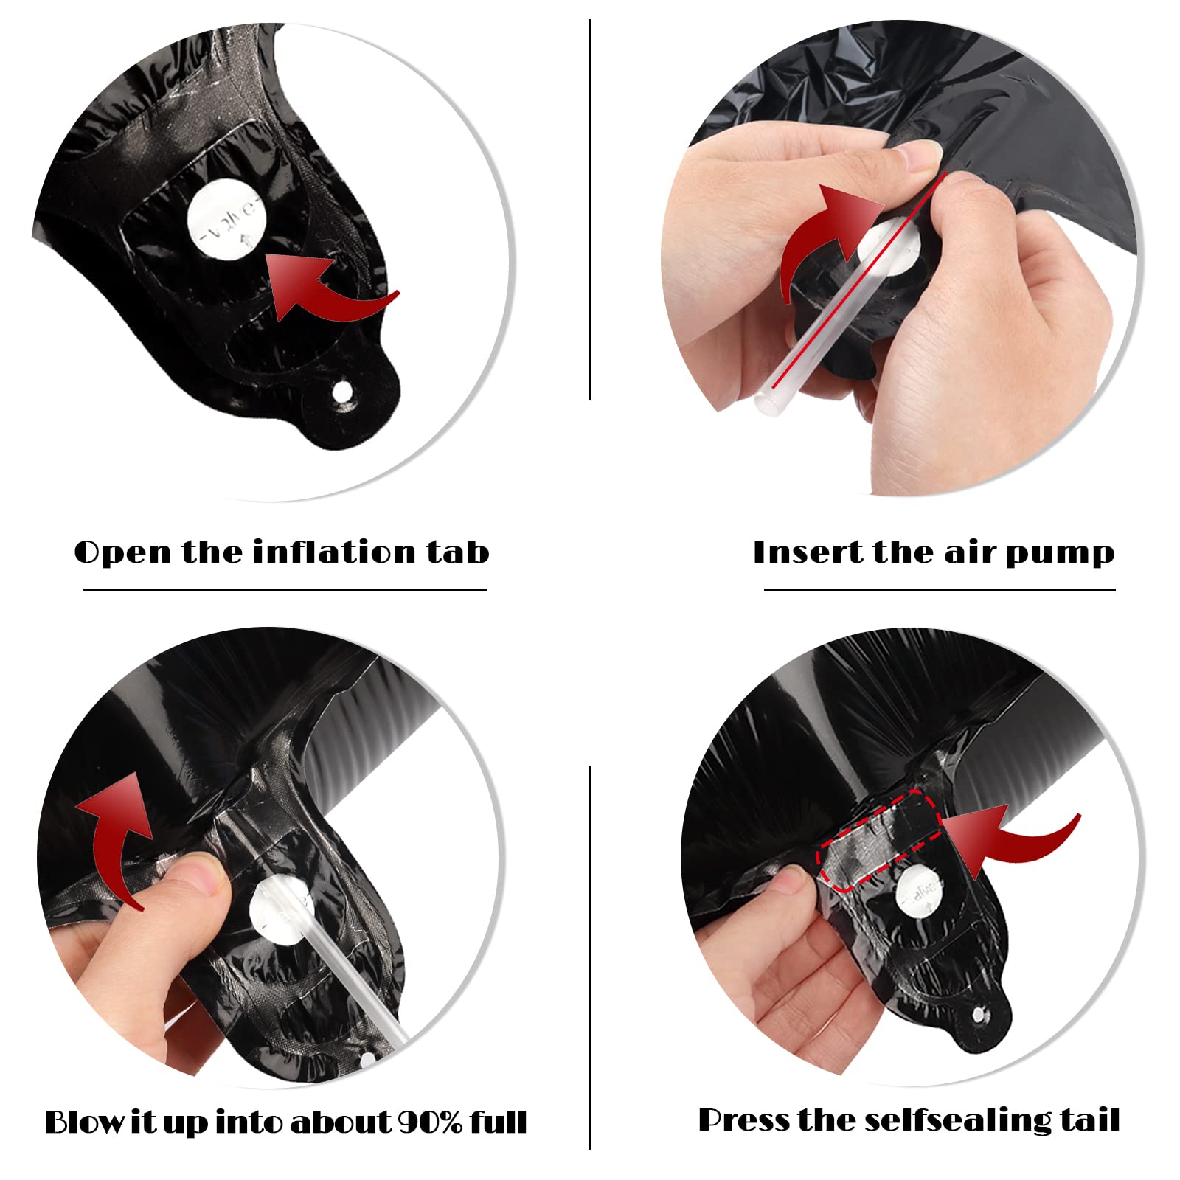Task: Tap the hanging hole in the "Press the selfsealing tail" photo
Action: tap(979, 1016)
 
